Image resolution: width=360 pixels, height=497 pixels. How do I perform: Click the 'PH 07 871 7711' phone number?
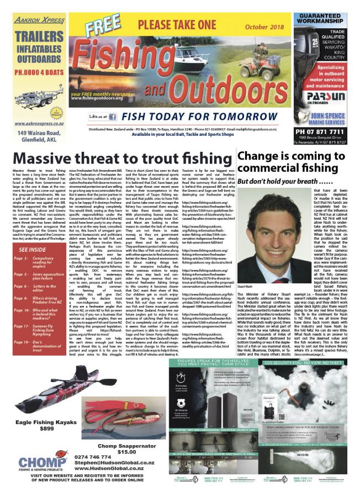[325, 131]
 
